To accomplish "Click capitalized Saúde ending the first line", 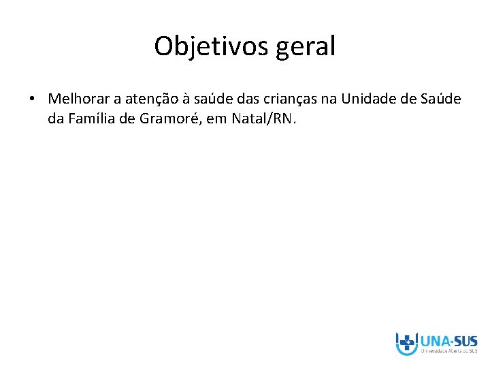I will (x=441, y=99).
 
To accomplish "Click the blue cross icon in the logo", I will (x=407, y=343).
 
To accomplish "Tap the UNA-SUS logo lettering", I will (x=449, y=340).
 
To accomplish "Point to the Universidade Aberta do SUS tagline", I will (x=449, y=352).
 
